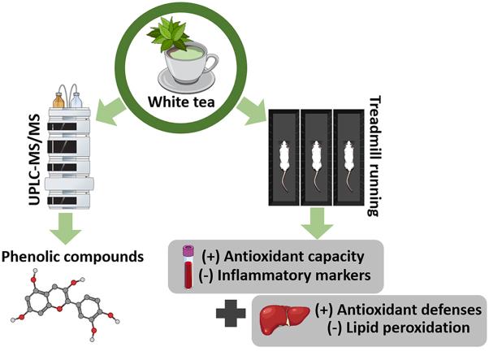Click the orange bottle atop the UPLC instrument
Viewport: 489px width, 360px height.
click(59, 101)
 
